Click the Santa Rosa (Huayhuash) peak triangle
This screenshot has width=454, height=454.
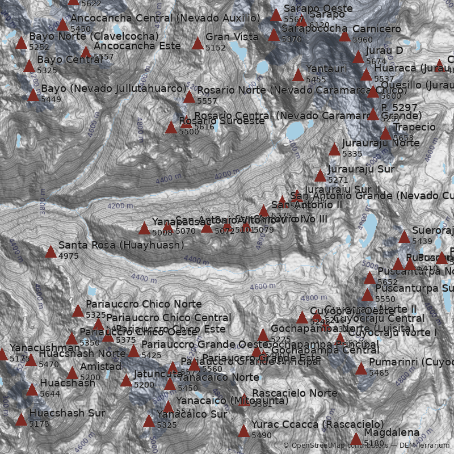(51, 251)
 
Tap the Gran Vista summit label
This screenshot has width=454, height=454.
(232, 37)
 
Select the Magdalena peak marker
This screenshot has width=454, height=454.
(356, 438)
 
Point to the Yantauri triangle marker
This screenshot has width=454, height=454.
(298, 75)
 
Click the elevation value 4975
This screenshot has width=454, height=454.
(69, 257)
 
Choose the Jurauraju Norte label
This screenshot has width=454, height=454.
(381, 143)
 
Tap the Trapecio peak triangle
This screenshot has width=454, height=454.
(385, 133)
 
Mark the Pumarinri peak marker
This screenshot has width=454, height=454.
(361, 368)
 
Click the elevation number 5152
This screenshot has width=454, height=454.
(216, 48)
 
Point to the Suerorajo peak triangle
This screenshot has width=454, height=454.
(404, 237)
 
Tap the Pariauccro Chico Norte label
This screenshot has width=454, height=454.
(144, 304)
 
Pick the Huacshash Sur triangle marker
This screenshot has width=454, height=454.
(21, 419)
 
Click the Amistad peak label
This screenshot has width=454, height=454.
(100, 367)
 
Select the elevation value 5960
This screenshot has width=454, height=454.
(363, 40)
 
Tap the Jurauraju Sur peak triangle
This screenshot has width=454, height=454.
(321, 175)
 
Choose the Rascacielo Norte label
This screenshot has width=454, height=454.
(295, 393)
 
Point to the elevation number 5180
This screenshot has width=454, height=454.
(374, 443)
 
